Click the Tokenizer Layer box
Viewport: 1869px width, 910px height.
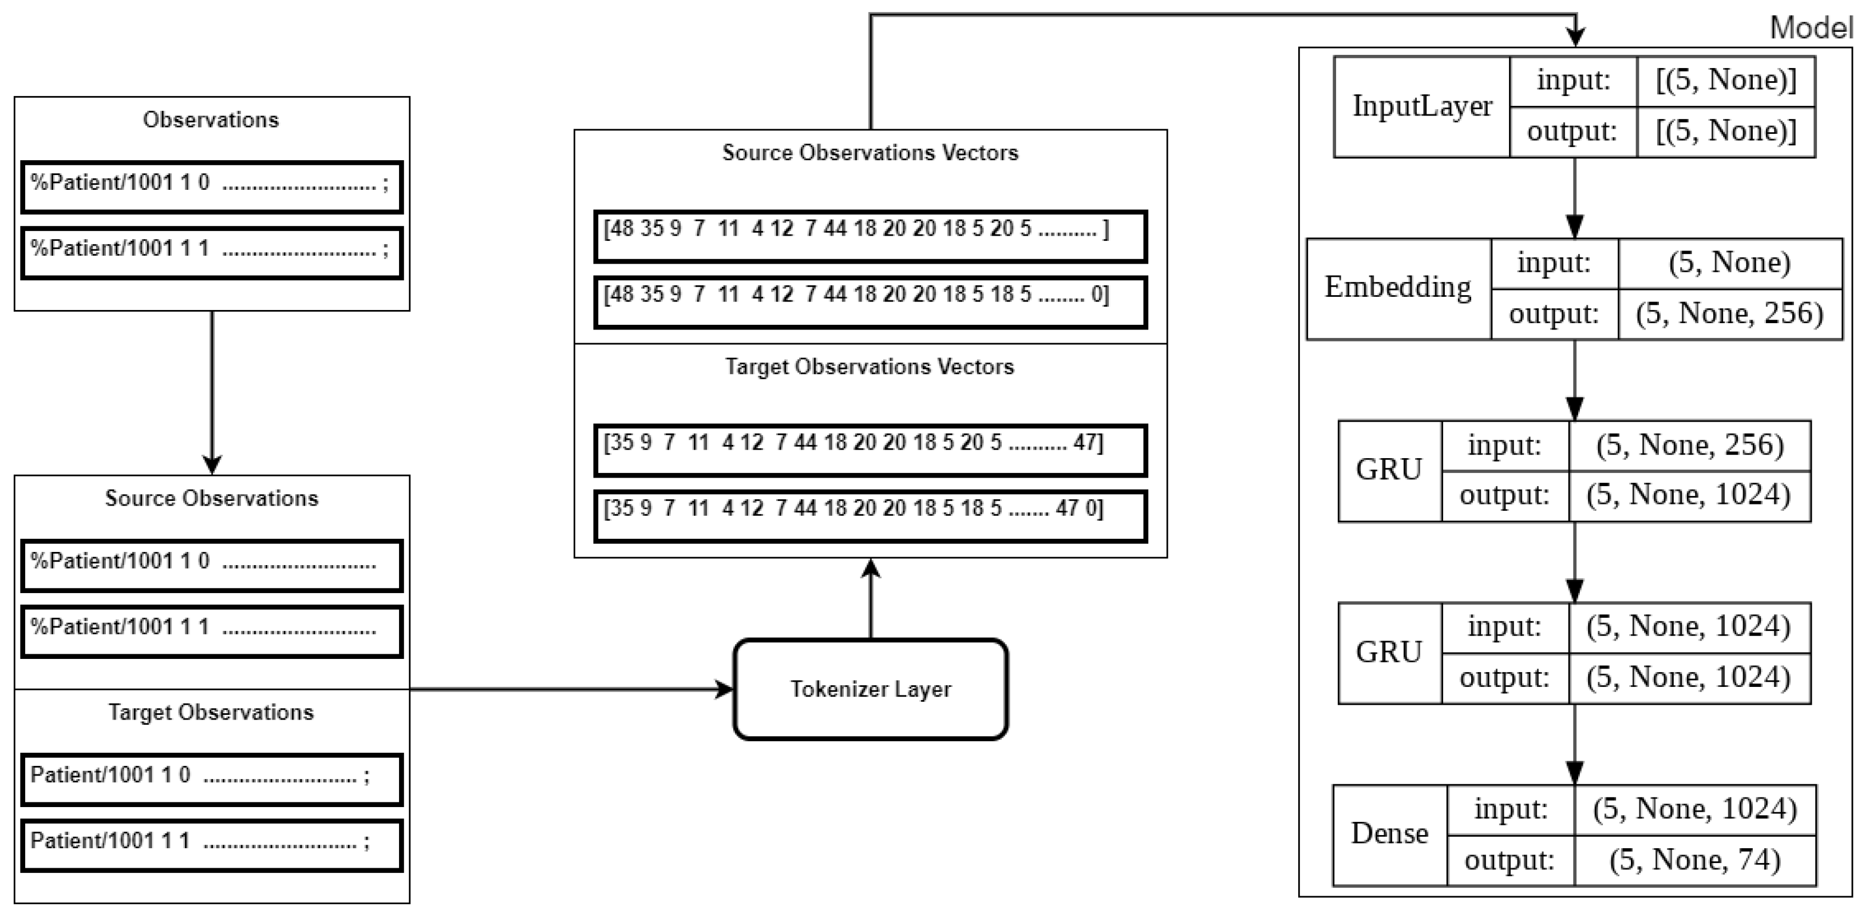[870, 689]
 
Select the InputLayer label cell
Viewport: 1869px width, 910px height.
[1421, 106]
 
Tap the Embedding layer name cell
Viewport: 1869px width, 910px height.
[1397, 288]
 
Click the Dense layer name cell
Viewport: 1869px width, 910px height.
[1389, 835]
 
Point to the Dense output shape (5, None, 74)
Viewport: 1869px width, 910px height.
[1694, 860]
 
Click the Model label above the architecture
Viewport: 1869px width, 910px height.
[1810, 27]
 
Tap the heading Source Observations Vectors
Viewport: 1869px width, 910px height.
[870, 152]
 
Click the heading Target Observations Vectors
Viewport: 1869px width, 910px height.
[870, 366]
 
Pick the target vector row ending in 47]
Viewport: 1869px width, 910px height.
[870, 450]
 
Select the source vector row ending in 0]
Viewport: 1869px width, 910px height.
[870, 301]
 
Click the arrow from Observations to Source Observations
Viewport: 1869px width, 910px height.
[212, 392]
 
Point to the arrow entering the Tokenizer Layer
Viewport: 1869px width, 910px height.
[573, 689]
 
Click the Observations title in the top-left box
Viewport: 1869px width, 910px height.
[211, 120]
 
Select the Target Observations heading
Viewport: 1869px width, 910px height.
[211, 712]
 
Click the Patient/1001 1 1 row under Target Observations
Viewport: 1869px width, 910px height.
[211, 845]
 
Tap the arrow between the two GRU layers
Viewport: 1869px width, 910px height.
[1574, 562]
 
